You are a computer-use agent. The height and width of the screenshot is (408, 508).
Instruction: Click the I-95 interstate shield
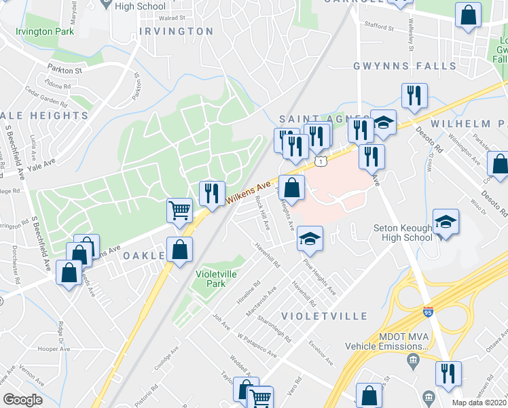pos(426,312)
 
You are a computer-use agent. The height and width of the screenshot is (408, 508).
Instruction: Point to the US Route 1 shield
pos(320,161)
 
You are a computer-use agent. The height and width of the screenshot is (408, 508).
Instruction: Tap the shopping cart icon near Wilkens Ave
pos(179,210)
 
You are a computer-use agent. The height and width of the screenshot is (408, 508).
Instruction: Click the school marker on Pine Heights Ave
pos(310,238)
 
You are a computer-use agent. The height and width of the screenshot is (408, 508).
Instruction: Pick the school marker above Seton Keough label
pos(446,221)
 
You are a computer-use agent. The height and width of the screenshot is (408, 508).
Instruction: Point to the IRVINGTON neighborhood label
pos(177,31)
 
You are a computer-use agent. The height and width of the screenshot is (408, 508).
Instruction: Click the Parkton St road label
pos(65,69)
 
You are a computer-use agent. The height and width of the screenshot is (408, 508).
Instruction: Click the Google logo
pos(22,399)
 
